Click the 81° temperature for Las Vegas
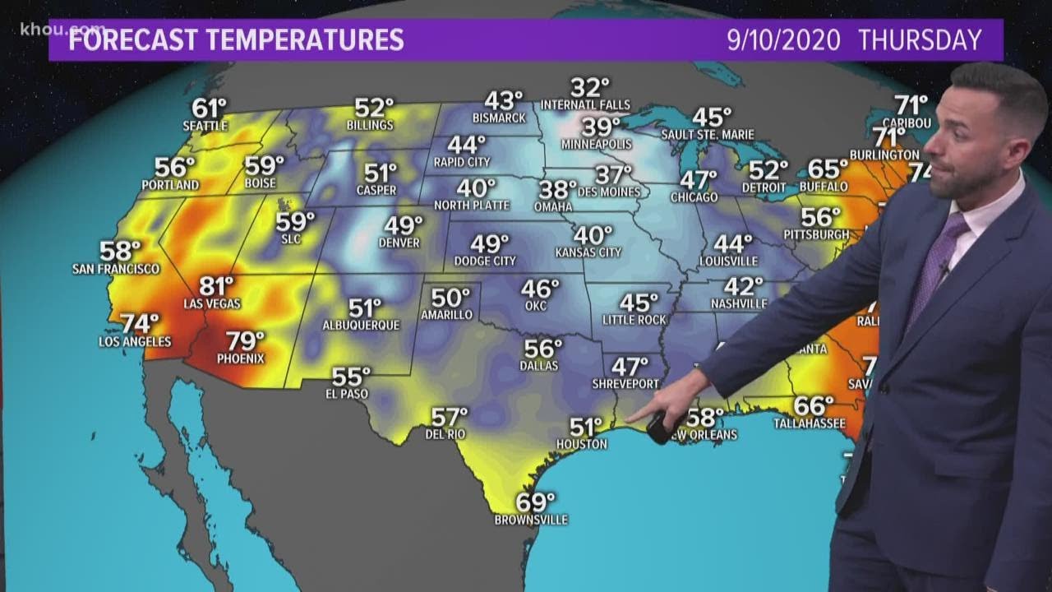coord(218,286)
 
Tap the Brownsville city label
coord(531,520)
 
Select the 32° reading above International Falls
coord(590,87)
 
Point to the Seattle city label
coord(205,126)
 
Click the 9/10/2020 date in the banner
coord(784,40)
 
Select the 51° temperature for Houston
coord(587,428)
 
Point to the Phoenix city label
coord(241,358)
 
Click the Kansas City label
coord(588,252)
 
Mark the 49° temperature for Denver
coord(404,225)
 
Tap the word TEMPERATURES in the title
coord(307,40)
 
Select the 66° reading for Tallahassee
coord(814,406)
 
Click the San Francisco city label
coord(116,269)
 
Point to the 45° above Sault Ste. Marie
coord(712,118)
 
